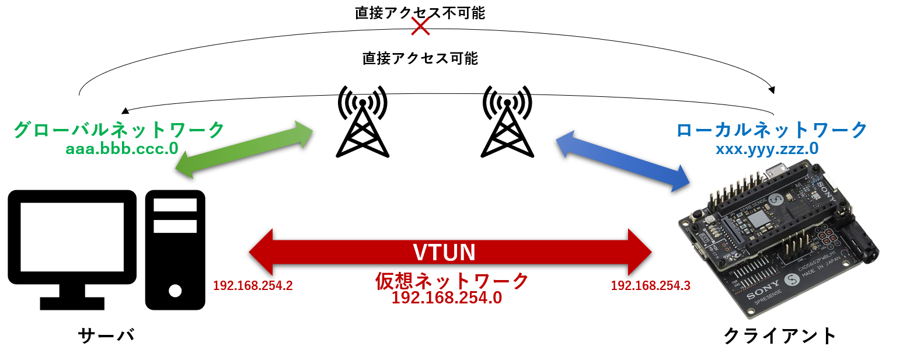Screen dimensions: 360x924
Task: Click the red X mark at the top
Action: click(420, 26)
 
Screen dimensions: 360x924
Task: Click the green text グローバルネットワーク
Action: click(119, 130)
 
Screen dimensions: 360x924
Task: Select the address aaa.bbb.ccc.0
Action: click(122, 148)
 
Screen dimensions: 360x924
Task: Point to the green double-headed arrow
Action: click(244, 149)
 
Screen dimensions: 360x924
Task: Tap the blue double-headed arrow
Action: click(623, 161)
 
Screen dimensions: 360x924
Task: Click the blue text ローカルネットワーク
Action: click(772, 130)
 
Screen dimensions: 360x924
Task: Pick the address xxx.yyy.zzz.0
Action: click(767, 149)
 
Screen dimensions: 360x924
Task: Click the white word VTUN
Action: click(444, 252)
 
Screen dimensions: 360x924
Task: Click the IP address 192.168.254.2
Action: click(252, 286)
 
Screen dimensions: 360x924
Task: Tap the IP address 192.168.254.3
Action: click(650, 286)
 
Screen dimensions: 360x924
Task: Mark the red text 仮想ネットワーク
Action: click(452, 281)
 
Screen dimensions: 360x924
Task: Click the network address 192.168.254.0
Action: click(447, 298)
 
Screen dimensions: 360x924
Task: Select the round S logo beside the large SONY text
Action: click(791, 281)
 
